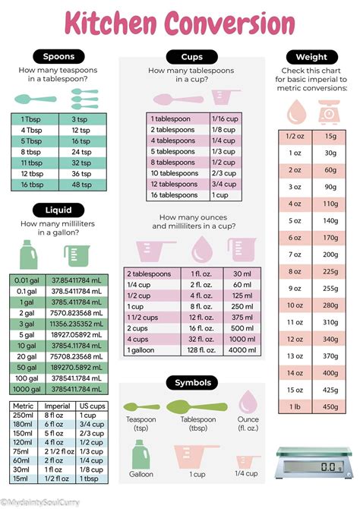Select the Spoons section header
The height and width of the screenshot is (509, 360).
tap(58, 56)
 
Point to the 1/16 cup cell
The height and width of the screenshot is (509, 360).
tap(223, 119)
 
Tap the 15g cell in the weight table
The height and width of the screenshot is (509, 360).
tap(329, 136)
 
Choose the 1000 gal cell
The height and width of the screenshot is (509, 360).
tap(26, 389)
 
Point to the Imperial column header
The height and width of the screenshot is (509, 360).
tap(58, 406)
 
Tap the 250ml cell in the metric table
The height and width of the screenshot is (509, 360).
tap(24, 416)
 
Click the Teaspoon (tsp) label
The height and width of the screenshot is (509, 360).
tap(140, 424)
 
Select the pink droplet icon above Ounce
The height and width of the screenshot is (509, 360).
tap(248, 403)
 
